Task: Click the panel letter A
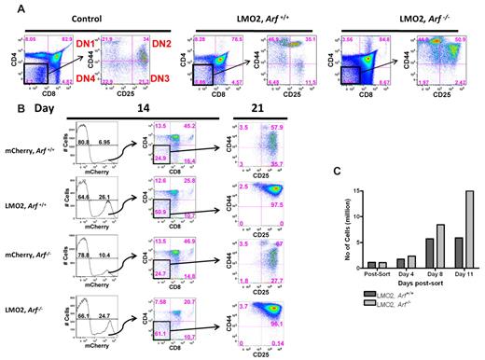[7, 8]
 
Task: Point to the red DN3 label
[173, 85]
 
